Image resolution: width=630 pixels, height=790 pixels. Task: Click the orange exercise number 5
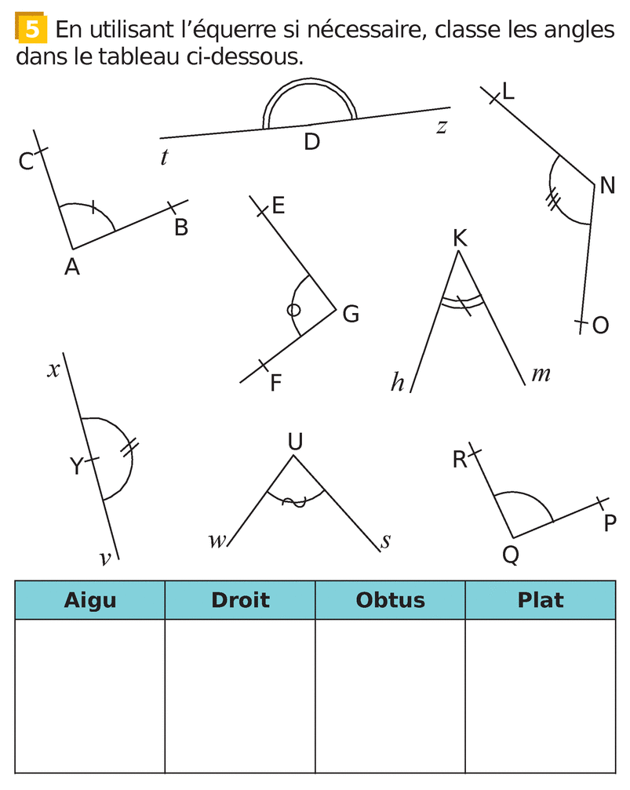(31, 30)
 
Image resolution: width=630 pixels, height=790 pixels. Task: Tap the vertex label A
(72, 268)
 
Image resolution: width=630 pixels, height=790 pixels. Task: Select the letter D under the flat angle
(311, 143)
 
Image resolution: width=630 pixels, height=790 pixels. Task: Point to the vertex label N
(606, 186)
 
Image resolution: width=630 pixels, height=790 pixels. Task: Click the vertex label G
(351, 314)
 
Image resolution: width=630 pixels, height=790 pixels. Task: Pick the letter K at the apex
(460, 238)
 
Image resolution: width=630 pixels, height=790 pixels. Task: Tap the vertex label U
(295, 442)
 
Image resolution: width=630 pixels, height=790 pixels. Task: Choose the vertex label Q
(510, 555)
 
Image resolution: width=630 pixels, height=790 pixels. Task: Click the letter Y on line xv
(76, 467)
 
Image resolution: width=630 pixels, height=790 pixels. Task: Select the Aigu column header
(89, 600)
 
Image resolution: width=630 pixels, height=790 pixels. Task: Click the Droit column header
(240, 600)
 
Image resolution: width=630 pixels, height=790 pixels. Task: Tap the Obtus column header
(390, 600)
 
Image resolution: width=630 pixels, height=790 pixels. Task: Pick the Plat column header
(541, 600)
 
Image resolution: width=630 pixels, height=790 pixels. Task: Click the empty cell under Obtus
(390, 694)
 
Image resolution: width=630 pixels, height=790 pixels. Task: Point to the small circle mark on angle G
(293, 310)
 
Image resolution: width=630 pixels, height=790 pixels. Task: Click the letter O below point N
(600, 326)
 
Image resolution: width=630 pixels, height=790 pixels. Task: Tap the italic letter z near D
(442, 126)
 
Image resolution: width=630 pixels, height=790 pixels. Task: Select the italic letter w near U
(217, 541)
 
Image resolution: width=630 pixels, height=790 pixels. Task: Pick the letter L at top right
(508, 92)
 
